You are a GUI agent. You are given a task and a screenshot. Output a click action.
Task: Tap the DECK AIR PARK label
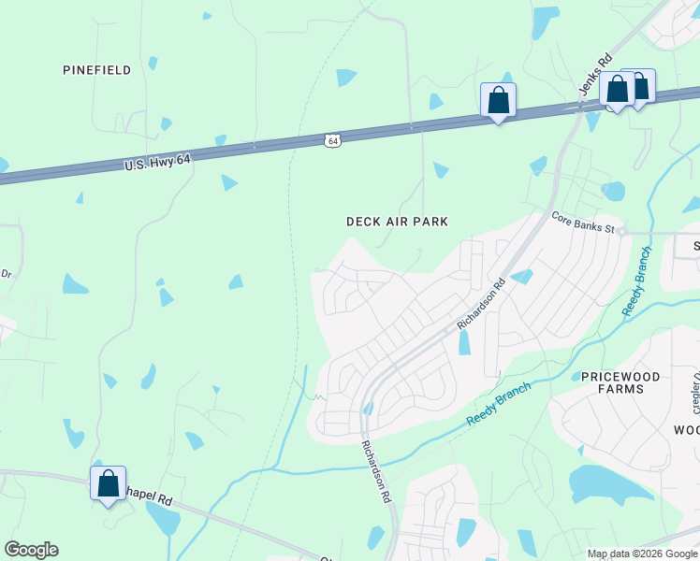pos(397,222)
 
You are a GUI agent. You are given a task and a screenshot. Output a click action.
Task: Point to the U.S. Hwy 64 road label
pos(157,163)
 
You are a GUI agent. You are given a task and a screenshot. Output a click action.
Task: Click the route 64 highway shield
pos(333,140)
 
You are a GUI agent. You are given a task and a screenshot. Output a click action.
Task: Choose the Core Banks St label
pos(582,222)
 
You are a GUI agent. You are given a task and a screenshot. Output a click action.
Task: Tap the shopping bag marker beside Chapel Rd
pos(108,483)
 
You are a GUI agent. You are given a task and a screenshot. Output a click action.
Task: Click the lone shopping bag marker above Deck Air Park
pos(498,100)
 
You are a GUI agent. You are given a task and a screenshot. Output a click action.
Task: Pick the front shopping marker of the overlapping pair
pos(617,90)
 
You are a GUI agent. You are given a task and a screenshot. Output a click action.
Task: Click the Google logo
pos(31,550)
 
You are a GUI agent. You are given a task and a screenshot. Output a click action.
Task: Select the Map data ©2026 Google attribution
pos(642,554)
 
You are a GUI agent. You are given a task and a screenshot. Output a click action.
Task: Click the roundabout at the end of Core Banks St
pos(620,231)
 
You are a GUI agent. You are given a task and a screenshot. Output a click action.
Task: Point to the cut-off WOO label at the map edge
pos(686,429)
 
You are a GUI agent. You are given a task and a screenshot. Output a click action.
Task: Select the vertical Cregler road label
pos(696,392)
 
